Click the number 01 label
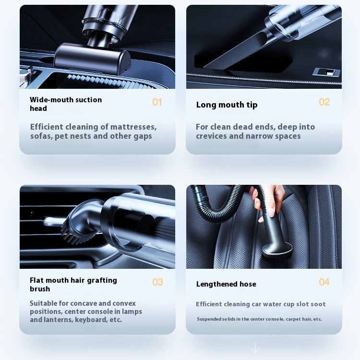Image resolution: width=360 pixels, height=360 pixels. (157, 102)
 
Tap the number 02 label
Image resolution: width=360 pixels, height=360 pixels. (324, 102)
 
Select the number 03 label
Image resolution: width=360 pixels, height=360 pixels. (157, 282)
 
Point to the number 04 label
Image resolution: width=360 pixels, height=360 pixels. (324, 282)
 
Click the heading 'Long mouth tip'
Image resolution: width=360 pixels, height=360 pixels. (227, 105)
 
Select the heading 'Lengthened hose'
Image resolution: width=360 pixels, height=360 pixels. (226, 284)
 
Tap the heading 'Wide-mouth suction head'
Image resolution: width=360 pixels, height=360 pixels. (66, 104)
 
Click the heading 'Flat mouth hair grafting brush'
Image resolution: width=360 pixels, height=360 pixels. (73, 285)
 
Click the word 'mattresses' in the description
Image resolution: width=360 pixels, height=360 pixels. (133, 127)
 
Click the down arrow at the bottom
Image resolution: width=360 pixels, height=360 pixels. (255, 348)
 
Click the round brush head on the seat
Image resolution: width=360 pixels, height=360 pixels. (277, 252)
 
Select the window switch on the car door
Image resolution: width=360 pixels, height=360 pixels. (326, 72)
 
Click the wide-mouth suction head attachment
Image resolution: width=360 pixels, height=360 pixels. (92, 59)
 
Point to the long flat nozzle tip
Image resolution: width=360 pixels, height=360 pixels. (234, 52)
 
